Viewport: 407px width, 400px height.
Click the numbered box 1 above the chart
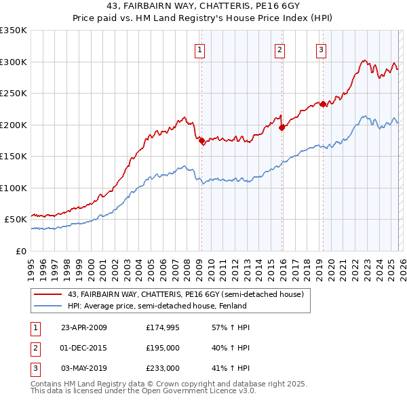point(201,49)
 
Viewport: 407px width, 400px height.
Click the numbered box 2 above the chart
point(279,49)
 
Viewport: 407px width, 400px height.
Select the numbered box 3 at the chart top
point(321,49)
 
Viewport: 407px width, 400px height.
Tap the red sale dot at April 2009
point(201,140)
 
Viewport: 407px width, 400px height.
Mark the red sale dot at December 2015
point(282,127)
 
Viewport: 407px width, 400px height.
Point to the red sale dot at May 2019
point(324,104)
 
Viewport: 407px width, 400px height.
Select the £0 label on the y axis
point(20,251)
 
